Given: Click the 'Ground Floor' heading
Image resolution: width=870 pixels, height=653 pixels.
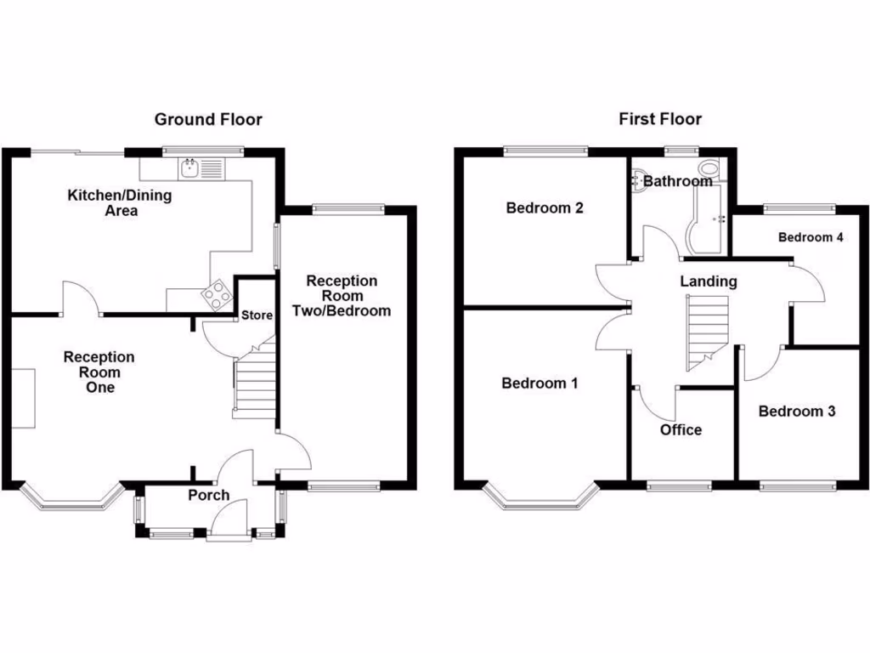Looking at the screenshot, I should [x=208, y=119].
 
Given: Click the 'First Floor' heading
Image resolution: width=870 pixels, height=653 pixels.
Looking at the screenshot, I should [x=659, y=119].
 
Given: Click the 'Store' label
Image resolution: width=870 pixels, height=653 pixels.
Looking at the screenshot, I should [x=257, y=315].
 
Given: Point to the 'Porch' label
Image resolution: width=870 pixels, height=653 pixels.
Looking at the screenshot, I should [x=208, y=495].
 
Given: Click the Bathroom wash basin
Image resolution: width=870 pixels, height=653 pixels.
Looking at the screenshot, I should [x=637, y=179].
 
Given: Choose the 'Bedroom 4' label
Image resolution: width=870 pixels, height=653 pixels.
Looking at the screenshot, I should [x=811, y=237].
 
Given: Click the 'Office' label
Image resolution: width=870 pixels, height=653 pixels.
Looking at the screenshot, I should [x=681, y=429].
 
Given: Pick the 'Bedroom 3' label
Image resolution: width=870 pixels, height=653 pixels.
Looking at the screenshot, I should [x=796, y=411].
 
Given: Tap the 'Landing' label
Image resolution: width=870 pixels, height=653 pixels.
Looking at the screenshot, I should [x=708, y=281].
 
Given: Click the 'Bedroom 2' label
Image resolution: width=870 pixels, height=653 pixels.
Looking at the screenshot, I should [x=544, y=207].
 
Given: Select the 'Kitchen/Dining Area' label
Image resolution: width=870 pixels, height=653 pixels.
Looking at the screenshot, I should [x=120, y=202].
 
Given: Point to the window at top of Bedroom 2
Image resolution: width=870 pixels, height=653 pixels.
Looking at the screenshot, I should [x=545, y=151].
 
